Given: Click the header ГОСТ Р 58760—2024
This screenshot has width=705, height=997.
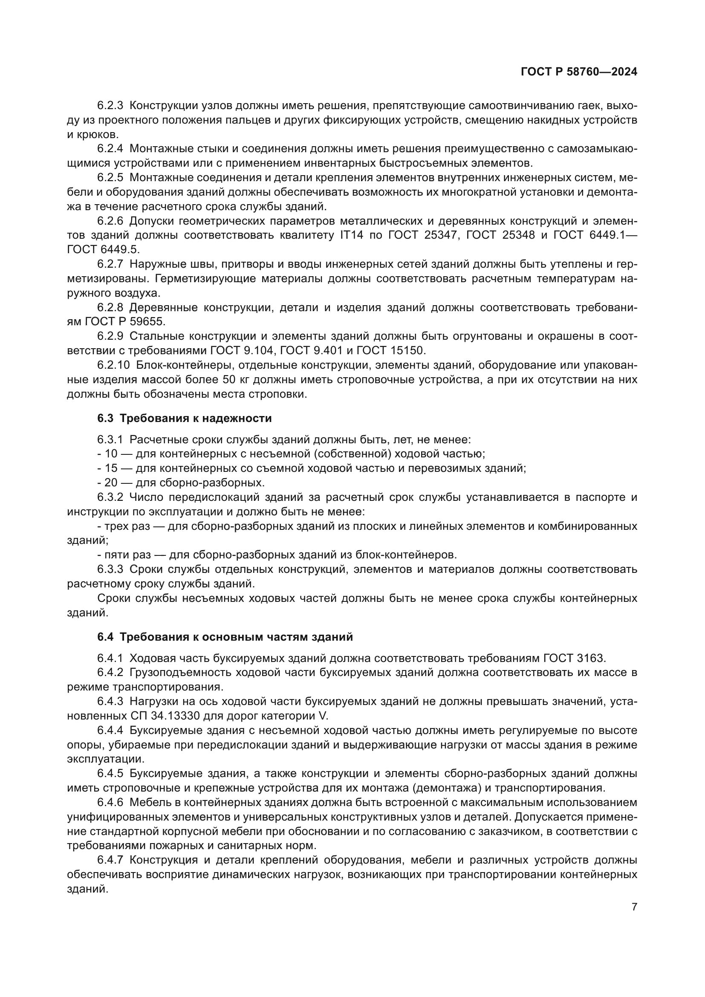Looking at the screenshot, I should pos(579,72).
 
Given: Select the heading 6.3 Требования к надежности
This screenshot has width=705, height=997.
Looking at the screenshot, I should pos(185,419).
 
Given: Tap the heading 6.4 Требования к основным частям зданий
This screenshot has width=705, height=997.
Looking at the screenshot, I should pos(225,637).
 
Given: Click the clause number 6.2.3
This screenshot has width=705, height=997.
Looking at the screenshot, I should pos(110,106).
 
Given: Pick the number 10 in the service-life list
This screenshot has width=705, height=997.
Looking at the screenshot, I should pos(111,454).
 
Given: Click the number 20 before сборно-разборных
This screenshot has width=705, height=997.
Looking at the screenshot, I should pos(111,483).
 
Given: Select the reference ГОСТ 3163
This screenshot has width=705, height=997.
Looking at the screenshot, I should pos(573,658).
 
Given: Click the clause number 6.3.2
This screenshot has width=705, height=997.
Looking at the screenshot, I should pos(110,497).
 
